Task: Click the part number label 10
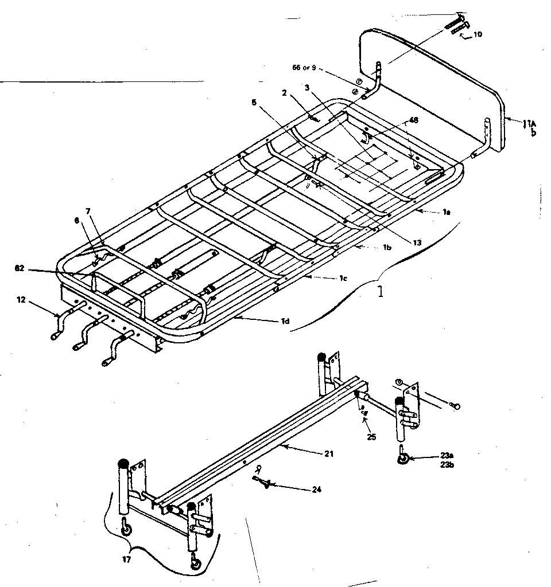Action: [478, 34]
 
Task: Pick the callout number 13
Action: [417, 242]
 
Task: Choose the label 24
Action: [317, 490]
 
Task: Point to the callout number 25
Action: [371, 437]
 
